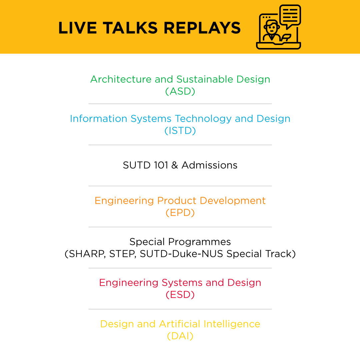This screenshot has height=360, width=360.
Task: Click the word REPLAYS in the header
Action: click(x=202, y=28)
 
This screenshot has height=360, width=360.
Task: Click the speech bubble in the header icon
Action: click(x=290, y=16)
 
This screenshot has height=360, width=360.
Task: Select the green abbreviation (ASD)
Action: click(x=180, y=91)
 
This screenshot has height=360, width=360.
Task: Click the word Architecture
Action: click(x=121, y=79)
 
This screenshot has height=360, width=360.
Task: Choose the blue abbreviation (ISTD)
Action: click(x=180, y=131)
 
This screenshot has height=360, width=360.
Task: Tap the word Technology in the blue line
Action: click(x=203, y=119)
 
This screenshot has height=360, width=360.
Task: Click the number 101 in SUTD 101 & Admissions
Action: click(x=161, y=165)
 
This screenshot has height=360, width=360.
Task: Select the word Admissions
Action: click(x=209, y=165)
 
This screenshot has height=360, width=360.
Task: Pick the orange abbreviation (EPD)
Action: click(x=180, y=213)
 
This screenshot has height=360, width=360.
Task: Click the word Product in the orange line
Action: click(x=177, y=201)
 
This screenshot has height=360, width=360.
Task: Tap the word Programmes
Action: click(x=200, y=242)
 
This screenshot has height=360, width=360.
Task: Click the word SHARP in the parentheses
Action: click(x=87, y=254)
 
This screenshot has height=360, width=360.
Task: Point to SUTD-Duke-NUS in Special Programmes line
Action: click(x=181, y=254)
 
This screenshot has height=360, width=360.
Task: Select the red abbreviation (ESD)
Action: click(x=180, y=295)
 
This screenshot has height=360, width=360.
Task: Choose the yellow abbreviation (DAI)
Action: click(x=180, y=336)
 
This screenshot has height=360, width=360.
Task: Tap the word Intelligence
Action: click(x=232, y=324)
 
